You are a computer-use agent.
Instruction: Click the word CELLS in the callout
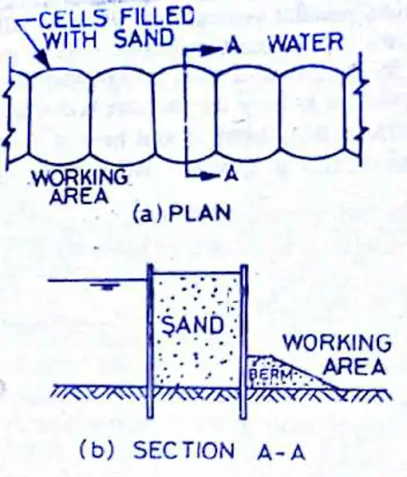coord(71,19)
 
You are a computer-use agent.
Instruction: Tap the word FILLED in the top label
coord(157,16)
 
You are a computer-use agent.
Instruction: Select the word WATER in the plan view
coord(305,44)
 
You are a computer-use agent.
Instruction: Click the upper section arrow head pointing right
coord(210,49)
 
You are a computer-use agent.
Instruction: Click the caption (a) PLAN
coord(182,214)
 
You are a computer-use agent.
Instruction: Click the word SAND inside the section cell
coord(193,325)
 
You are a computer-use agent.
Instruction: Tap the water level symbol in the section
coord(107,286)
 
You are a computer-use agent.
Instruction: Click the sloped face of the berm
coord(305,373)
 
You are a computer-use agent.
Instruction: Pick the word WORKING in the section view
coord(337,342)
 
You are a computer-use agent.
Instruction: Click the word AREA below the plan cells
coord(79,196)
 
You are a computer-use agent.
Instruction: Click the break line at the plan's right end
coord(361,109)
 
